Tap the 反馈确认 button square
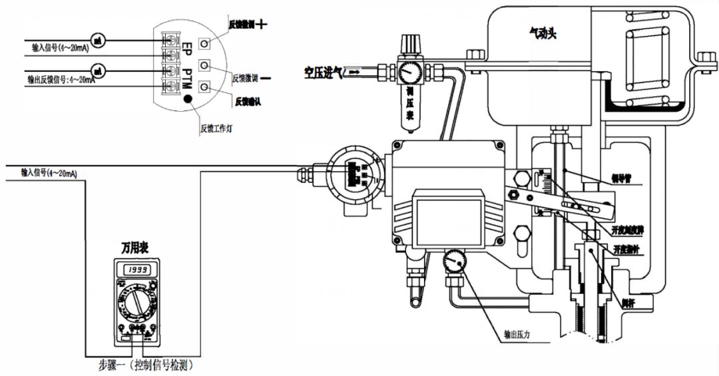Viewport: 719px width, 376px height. [x=204, y=85]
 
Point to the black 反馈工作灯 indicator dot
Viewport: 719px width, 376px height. [x=188, y=100]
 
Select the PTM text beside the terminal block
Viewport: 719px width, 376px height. [x=188, y=77]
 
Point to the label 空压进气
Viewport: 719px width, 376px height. [x=322, y=70]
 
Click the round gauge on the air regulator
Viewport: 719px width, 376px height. [x=408, y=70]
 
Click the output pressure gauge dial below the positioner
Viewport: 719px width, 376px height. [x=455, y=261]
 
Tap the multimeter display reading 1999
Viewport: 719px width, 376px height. [x=134, y=270]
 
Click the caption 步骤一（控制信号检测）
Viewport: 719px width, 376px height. [x=146, y=365]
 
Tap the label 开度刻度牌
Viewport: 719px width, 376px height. [x=626, y=230]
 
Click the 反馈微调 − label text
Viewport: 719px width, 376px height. [x=246, y=78]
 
